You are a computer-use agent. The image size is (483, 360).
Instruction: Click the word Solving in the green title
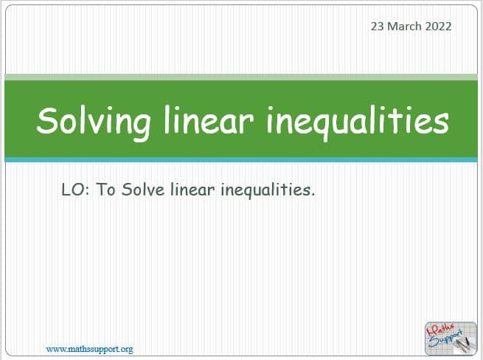tap(94, 122)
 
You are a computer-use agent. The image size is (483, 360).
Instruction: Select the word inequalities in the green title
tap(358, 122)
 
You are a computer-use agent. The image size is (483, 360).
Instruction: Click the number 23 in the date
tap(377, 27)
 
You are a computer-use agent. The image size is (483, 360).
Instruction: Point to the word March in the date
tap(404, 27)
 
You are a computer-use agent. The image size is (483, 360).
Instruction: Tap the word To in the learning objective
tap(105, 190)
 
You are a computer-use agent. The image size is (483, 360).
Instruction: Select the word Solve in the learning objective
tap(143, 189)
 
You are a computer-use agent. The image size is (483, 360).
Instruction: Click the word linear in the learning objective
tap(192, 189)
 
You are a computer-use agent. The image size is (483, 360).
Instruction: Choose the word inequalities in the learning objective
tap(265, 190)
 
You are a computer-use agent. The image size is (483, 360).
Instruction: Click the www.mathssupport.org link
tap(90, 349)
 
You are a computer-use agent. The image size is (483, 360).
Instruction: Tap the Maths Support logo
tap(451, 339)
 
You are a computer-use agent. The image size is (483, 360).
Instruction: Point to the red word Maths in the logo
tap(441, 330)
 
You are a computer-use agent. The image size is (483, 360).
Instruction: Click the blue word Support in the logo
tap(446, 339)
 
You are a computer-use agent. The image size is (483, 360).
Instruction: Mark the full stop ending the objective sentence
tap(313, 195)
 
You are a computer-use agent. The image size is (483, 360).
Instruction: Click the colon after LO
tap(87, 191)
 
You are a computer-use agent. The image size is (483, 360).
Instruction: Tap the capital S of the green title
tap(49, 120)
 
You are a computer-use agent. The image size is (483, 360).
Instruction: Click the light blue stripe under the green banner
tap(241, 159)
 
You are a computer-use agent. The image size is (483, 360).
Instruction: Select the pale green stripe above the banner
tap(241, 77)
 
